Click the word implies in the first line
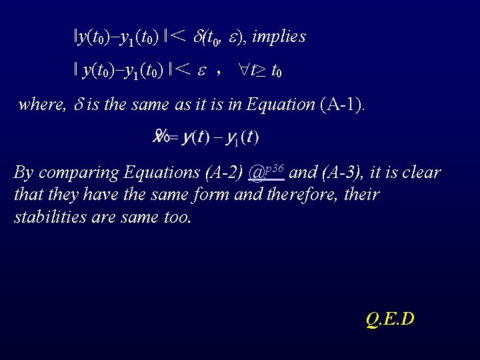point(279,37)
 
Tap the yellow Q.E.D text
point(390,319)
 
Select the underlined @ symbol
point(255,174)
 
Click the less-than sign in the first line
point(177,37)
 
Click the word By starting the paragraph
point(23,173)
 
